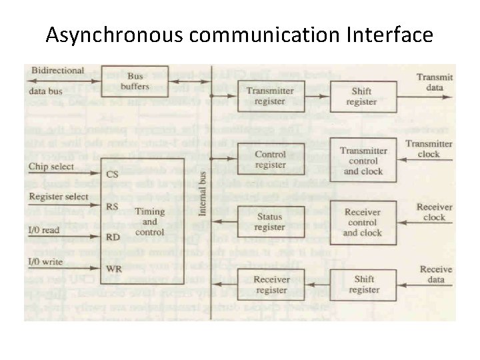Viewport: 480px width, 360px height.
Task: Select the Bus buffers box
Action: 139,81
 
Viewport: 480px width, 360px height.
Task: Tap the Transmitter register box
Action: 270,96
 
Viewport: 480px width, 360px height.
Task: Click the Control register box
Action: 270,159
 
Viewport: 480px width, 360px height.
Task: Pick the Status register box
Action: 270,221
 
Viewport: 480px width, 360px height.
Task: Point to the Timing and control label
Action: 150,221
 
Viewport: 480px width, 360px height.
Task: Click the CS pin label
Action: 113,173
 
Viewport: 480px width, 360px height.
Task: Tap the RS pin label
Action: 113,206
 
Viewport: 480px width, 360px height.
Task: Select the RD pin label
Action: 113,237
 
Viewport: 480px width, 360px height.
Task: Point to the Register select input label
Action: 59,197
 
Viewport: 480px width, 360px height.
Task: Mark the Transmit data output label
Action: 434,82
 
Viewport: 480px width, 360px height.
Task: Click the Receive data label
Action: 436,274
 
